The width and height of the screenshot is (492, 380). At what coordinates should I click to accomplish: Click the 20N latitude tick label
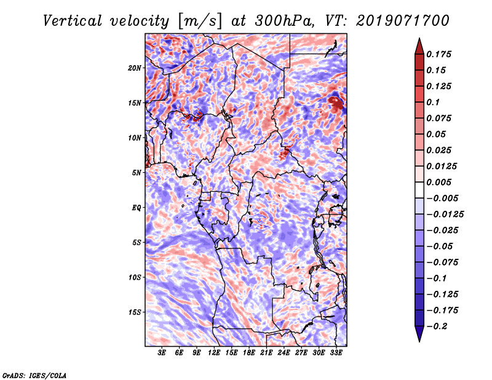(x=135, y=68)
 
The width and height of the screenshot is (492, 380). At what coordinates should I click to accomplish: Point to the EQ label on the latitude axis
(x=137, y=208)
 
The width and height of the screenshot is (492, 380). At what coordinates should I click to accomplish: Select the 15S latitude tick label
(x=135, y=312)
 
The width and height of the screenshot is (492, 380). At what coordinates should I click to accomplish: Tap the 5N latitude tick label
(x=137, y=173)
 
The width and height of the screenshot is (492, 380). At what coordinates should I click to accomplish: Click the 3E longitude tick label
(x=162, y=354)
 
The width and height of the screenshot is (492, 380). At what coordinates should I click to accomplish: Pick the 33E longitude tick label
(x=336, y=354)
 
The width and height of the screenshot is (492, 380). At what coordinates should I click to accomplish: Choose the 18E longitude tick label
(x=249, y=354)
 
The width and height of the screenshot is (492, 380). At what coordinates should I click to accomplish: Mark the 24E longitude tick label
(x=284, y=354)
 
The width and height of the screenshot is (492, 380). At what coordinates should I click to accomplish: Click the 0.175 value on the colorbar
(x=441, y=54)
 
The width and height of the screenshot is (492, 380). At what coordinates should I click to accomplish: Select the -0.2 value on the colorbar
(x=441, y=326)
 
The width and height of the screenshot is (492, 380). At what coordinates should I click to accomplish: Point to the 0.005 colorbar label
(x=441, y=183)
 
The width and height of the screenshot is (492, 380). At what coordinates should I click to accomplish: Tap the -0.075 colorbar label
(x=443, y=263)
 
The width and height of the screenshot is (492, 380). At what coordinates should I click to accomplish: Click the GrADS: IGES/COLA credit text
(x=34, y=374)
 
